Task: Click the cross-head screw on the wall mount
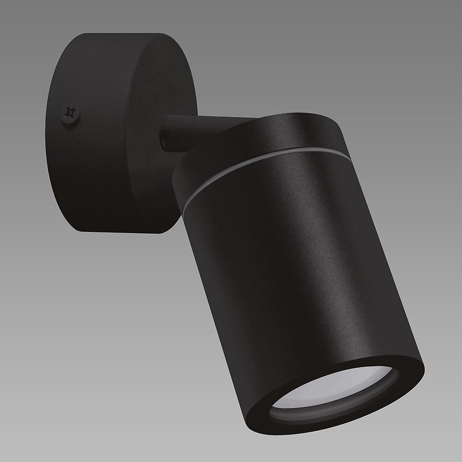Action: (70, 113)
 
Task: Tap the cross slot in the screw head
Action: (69, 112)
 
